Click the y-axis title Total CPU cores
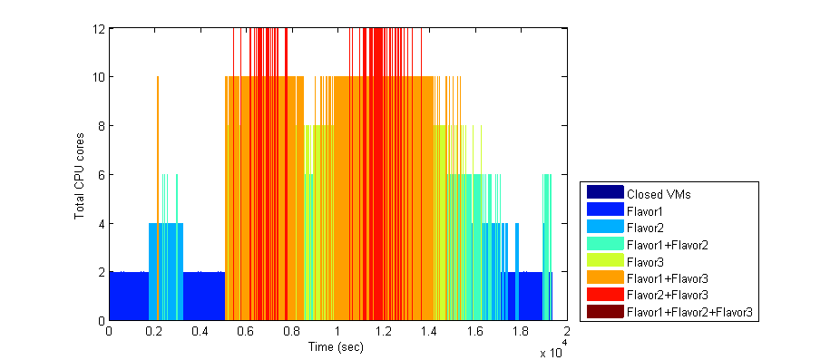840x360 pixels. [81, 174]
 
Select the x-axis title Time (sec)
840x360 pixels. [337, 346]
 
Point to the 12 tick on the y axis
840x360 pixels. [99, 28]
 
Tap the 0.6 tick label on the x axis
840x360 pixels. [246, 331]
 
